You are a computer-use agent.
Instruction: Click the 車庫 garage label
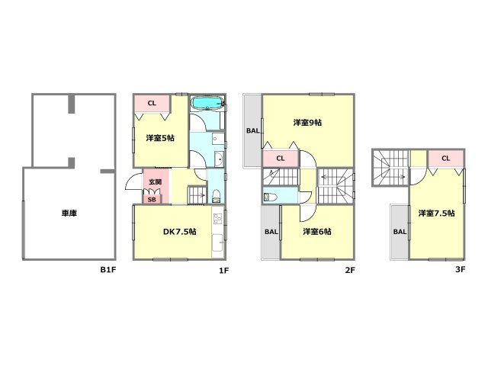[69, 214]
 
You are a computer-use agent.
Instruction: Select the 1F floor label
[223, 269]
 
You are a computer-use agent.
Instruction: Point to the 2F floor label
[350, 269]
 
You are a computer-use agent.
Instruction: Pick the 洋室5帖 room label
[160, 138]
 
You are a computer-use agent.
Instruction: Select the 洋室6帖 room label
[316, 232]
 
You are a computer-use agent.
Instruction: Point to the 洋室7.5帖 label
[436, 213]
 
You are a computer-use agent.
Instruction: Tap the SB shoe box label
[152, 199]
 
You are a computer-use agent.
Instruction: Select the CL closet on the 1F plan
[152, 103]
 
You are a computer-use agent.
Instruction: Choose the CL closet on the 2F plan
[281, 159]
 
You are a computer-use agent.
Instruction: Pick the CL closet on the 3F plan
[445, 159]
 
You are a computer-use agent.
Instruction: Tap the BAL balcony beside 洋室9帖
[252, 130]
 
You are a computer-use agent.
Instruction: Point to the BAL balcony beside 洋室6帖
[271, 232]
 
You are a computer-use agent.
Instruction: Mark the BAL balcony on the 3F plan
[400, 231]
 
